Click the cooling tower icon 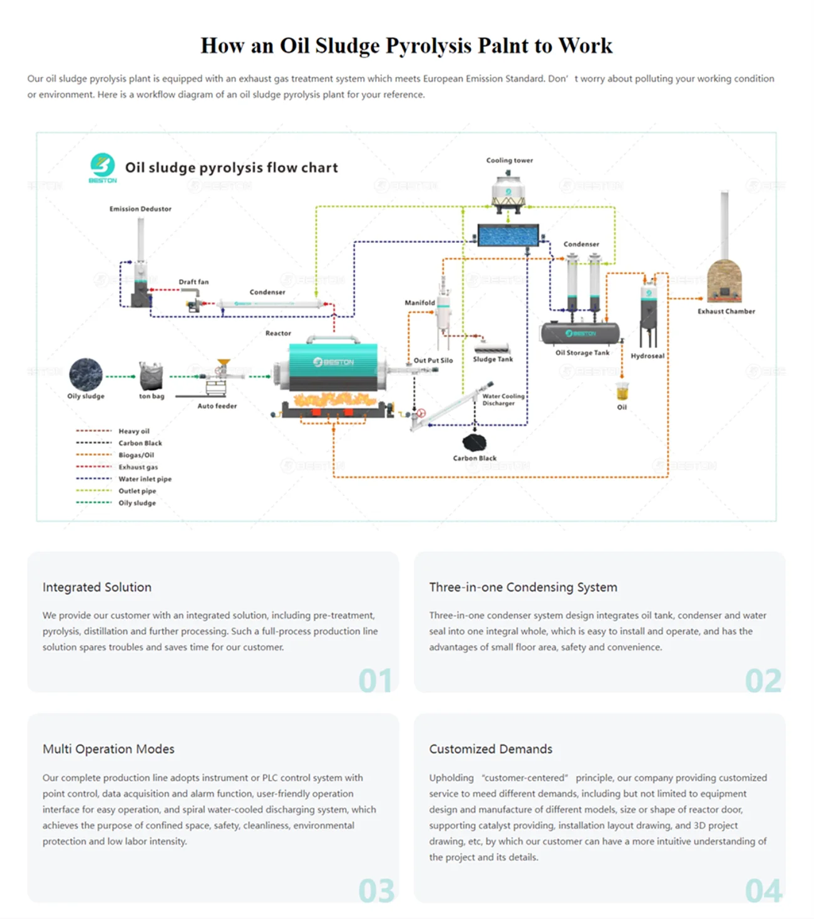pos(508,190)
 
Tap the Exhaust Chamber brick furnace pos(724,282)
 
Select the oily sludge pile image pos(86,374)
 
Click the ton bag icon pos(151,376)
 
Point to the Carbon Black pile pos(474,443)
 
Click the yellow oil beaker pos(622,392)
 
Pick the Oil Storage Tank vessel pos(580,333)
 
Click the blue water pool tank pos(508,235)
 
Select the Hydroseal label pos(647,356)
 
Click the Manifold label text pos(420,302)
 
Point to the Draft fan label pos(193,282)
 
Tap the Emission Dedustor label pos(140,208)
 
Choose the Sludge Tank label pos(493,359)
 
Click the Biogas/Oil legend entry pos(136,455)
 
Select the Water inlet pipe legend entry pos(145,479)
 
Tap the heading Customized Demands pos(491,749)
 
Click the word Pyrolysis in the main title pos(428,46)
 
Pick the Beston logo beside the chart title pos(103,167)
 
